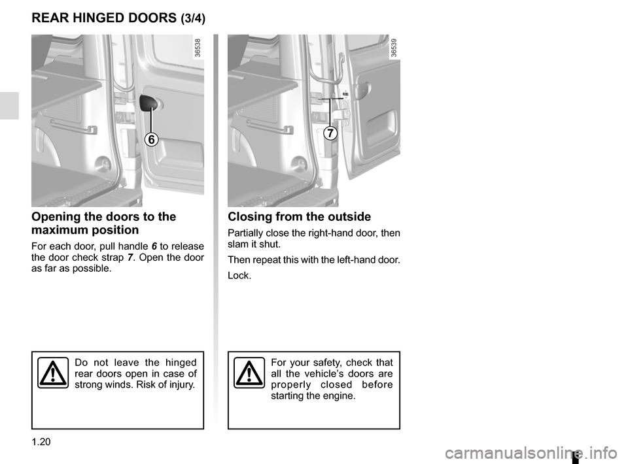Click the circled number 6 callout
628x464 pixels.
click(x=151, y=139)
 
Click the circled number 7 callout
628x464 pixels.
click(x=329, y=133)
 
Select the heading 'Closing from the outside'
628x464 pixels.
click(x=299, y=217)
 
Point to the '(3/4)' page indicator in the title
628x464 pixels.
click(x=192, y=19)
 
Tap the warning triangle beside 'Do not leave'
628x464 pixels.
click(x=52, y=373)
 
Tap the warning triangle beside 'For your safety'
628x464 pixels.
click(x=249, y=373)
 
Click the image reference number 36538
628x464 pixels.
click(x=198, y=50)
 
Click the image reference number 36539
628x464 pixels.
click(x=394, y=50)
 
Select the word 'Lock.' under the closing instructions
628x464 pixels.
click(x=239, y=276)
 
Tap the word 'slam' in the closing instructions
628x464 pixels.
click(x=238, y=244)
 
